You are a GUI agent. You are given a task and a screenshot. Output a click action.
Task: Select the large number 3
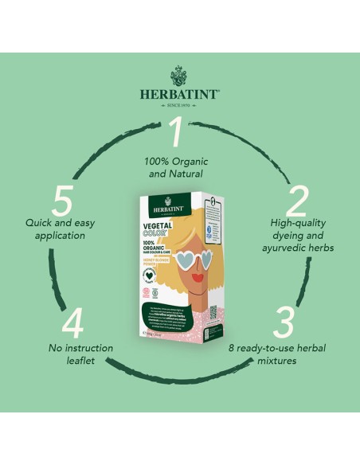click(284, 322)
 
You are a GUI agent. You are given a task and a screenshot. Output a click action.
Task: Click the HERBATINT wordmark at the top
click(179, 94)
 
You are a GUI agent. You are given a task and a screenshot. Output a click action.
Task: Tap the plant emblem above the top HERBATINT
click(179, 76)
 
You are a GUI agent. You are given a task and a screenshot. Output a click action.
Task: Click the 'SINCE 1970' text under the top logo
click(179, 104)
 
